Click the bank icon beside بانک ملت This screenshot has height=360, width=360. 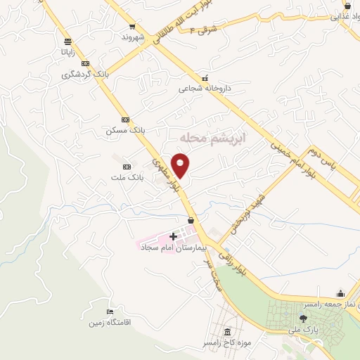pos(127,167)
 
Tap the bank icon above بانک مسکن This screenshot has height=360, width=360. pos(125,120)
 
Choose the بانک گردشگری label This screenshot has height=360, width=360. pos(85,74)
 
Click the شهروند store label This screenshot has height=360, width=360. pos(132,37)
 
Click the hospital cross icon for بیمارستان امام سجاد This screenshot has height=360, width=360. pos(173,236)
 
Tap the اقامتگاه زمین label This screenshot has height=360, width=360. pos(110,323)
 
